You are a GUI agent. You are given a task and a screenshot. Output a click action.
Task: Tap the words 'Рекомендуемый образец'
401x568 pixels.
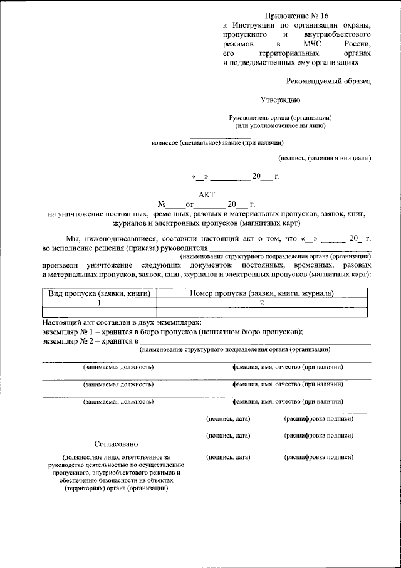click(328, 81)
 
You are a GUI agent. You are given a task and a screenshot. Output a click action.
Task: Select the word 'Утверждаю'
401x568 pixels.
click(280, 100)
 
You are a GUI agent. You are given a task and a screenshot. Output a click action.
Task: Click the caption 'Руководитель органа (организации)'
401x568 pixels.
click(280, 118)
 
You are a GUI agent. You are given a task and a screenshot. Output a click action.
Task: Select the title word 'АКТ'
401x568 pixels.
click(207, 194)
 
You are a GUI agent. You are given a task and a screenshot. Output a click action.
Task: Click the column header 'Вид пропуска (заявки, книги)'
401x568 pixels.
click(98, 293)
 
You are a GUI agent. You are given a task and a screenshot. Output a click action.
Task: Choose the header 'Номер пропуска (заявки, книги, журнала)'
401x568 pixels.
click(261, 293)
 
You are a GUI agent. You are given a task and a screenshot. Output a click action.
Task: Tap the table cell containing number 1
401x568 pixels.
click(98, 302)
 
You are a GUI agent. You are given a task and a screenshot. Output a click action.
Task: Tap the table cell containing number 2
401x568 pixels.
click(261, 302)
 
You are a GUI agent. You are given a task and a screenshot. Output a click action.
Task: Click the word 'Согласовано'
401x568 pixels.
click(116, 444)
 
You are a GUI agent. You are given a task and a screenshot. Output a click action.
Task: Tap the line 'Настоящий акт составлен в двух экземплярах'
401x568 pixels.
click(121, 321)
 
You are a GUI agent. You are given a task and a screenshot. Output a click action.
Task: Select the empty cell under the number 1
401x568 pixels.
click(98, 311)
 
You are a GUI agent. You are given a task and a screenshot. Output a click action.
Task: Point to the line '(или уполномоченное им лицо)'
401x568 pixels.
click(280, 125)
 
